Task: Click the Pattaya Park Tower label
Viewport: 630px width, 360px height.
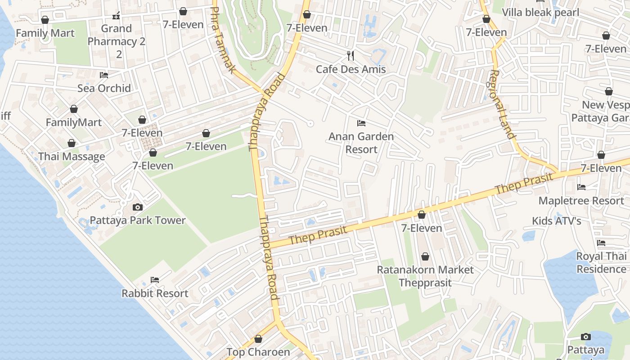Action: [x=138, y=220]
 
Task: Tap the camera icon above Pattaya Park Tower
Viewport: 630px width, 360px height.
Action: [x=138, y=207]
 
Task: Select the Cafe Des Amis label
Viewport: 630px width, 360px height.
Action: [x=351, y=69]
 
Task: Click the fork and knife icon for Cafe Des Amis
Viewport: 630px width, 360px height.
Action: [x=351, y=56]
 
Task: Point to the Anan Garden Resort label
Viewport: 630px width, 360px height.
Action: [x=361, y=143]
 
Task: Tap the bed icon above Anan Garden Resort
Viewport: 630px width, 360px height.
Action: [x=361, y=123]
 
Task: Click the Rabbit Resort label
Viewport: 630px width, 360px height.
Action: [x=155, y=293]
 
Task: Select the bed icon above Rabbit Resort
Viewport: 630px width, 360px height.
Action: [x=155, y=280]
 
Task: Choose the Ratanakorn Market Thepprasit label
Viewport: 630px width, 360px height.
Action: [x=425, y=276]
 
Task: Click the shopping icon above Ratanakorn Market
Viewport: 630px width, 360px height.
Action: [x=425, y=256]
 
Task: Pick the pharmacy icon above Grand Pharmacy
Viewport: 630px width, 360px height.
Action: [x=117, y=16]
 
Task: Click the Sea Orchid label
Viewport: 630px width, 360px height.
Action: [x=104, y=88]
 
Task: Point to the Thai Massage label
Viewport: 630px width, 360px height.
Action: [x=72, y=157]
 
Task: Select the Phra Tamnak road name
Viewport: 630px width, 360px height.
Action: [x=224, y=40]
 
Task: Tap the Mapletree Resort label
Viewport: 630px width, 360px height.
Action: [x=581, y=201]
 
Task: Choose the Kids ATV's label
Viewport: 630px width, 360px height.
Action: [x=557, y=221]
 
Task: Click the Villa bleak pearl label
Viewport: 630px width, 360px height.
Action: [x=540, y=12]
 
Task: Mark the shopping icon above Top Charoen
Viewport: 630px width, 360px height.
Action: [x=258, y=339]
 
